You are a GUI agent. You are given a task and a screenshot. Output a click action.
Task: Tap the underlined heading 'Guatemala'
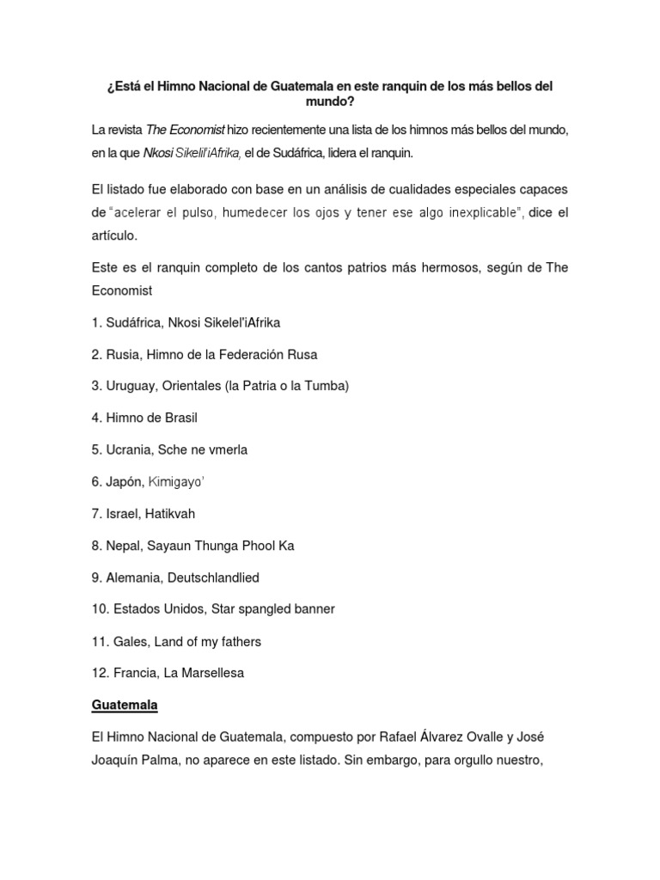125,705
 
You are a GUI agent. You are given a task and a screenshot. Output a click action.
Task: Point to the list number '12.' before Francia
101,673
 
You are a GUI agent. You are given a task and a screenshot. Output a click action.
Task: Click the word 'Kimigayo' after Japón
176,481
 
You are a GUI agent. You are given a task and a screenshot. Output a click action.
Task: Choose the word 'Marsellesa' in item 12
213,673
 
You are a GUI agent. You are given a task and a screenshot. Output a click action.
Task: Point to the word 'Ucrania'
127,449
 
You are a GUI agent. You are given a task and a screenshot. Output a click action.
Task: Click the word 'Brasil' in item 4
180,418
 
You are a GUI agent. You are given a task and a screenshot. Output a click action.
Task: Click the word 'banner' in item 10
314,609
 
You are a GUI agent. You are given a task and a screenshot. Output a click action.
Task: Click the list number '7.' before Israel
97,513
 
